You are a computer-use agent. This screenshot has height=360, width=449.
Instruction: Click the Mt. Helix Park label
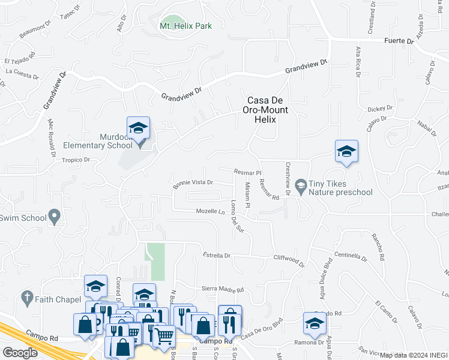(185, 26)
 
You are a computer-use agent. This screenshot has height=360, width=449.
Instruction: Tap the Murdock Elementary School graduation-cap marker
(138, 129)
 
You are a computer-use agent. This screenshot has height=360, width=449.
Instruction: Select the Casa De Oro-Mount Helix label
(265, 110)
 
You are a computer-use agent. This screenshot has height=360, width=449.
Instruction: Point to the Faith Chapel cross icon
(26, 297)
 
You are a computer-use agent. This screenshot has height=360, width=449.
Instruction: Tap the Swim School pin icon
(55, 216)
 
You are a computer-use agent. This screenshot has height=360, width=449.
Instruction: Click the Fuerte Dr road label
(399, 41)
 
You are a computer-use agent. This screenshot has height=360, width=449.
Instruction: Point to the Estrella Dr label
(217, 256)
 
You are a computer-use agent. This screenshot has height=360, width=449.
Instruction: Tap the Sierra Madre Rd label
(222, 290)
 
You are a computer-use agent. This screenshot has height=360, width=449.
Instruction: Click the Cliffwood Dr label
(289, 262)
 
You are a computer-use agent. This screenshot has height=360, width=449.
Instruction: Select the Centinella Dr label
(350, 256)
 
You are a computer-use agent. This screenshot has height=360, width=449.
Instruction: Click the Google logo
(20, 352)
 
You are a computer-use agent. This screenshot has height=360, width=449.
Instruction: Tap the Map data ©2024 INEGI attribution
(414, 355)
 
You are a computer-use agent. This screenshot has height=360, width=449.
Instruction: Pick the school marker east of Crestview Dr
(346, 151)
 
